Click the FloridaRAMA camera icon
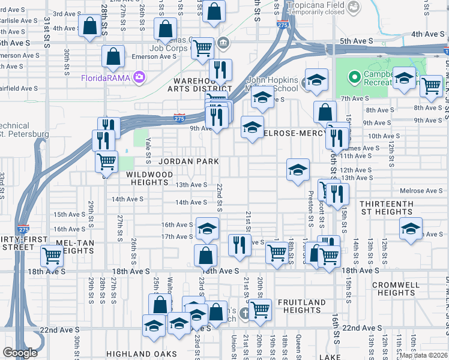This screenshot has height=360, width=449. [140, 77]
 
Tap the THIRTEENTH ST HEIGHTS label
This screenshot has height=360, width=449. [386, 208]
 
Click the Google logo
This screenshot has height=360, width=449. [20, 353]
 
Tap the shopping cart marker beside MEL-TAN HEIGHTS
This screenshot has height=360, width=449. [52, 255]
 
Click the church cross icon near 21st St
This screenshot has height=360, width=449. [244, 313]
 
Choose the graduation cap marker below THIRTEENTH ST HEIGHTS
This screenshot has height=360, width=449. [411, 229]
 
